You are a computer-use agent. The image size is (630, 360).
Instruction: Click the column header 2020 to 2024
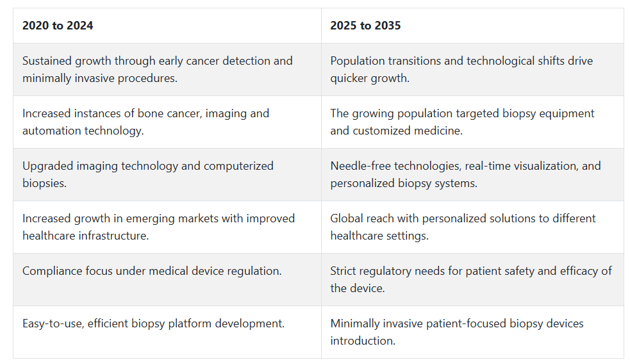[58, 26]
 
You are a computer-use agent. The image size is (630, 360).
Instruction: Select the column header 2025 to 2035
[365, 26]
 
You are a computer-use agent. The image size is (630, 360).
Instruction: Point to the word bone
[150, 113]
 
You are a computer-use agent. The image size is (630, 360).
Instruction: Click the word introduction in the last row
[363, 341]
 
